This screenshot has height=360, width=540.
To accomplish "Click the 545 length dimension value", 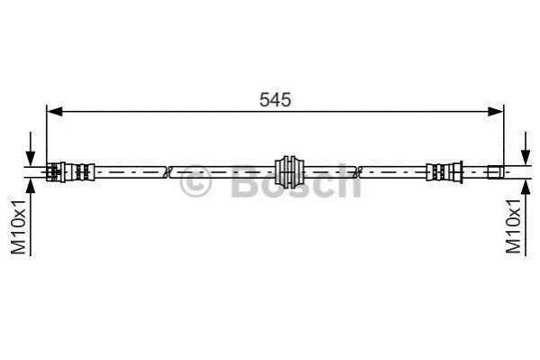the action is point(275,99).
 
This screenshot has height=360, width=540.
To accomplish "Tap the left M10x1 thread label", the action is point(18,226).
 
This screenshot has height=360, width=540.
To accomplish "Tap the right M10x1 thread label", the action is point(513,226).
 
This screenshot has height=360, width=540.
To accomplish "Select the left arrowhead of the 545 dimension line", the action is point(55,111).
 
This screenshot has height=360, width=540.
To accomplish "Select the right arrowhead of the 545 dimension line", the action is point(496,111).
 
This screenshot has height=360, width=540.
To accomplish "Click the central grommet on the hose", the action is point(289,171).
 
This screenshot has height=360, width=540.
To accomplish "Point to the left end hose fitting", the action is point(70,171).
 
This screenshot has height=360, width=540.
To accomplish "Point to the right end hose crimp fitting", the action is point(444,171).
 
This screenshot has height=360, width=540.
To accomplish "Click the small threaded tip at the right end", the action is point(496,171).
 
